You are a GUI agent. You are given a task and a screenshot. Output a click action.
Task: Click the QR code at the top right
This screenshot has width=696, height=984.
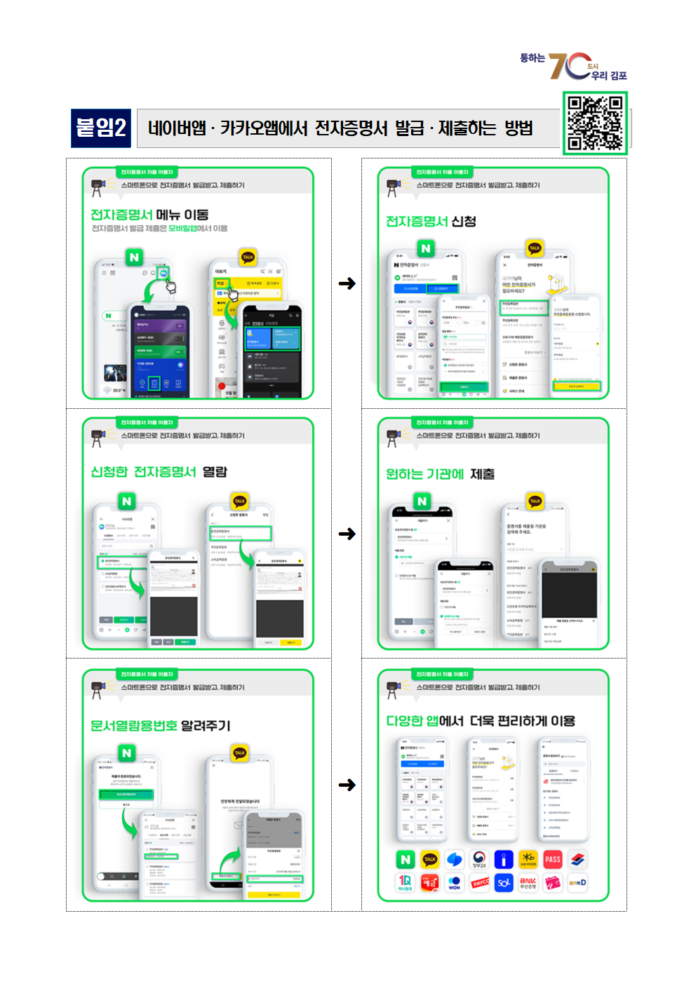595,123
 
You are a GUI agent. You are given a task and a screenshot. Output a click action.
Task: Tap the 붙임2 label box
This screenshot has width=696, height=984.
101,128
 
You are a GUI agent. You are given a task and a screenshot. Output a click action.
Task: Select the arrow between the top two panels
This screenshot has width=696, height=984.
347,283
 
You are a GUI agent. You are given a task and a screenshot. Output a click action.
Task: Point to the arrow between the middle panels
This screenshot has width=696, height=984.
347,534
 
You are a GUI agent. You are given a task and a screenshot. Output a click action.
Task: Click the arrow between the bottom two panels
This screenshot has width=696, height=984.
347,785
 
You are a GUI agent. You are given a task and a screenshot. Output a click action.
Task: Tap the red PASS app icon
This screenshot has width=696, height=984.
553,860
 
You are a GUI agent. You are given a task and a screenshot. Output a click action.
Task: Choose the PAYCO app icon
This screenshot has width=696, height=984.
480,882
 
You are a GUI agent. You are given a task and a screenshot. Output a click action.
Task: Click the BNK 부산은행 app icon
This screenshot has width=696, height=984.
528,882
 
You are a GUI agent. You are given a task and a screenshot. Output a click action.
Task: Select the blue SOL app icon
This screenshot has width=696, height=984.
504,882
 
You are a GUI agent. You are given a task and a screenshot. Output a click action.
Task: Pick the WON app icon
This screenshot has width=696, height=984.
455,882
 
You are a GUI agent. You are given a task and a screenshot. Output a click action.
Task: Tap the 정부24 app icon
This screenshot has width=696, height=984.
480,860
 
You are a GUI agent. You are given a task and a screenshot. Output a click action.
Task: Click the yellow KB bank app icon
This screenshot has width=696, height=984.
528,860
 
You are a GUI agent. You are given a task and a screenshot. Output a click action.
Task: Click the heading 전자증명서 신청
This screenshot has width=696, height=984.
431,222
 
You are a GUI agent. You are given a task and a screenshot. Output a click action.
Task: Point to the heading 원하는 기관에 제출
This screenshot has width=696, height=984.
440,474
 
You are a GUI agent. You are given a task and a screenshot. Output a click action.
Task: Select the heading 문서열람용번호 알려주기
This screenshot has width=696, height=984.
160,725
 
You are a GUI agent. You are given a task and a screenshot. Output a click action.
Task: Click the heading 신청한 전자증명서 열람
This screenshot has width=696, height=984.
159,472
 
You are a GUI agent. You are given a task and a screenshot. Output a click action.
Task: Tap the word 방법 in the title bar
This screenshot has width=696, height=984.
518,128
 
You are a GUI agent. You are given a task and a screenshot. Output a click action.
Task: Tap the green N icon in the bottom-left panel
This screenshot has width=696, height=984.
126,753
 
